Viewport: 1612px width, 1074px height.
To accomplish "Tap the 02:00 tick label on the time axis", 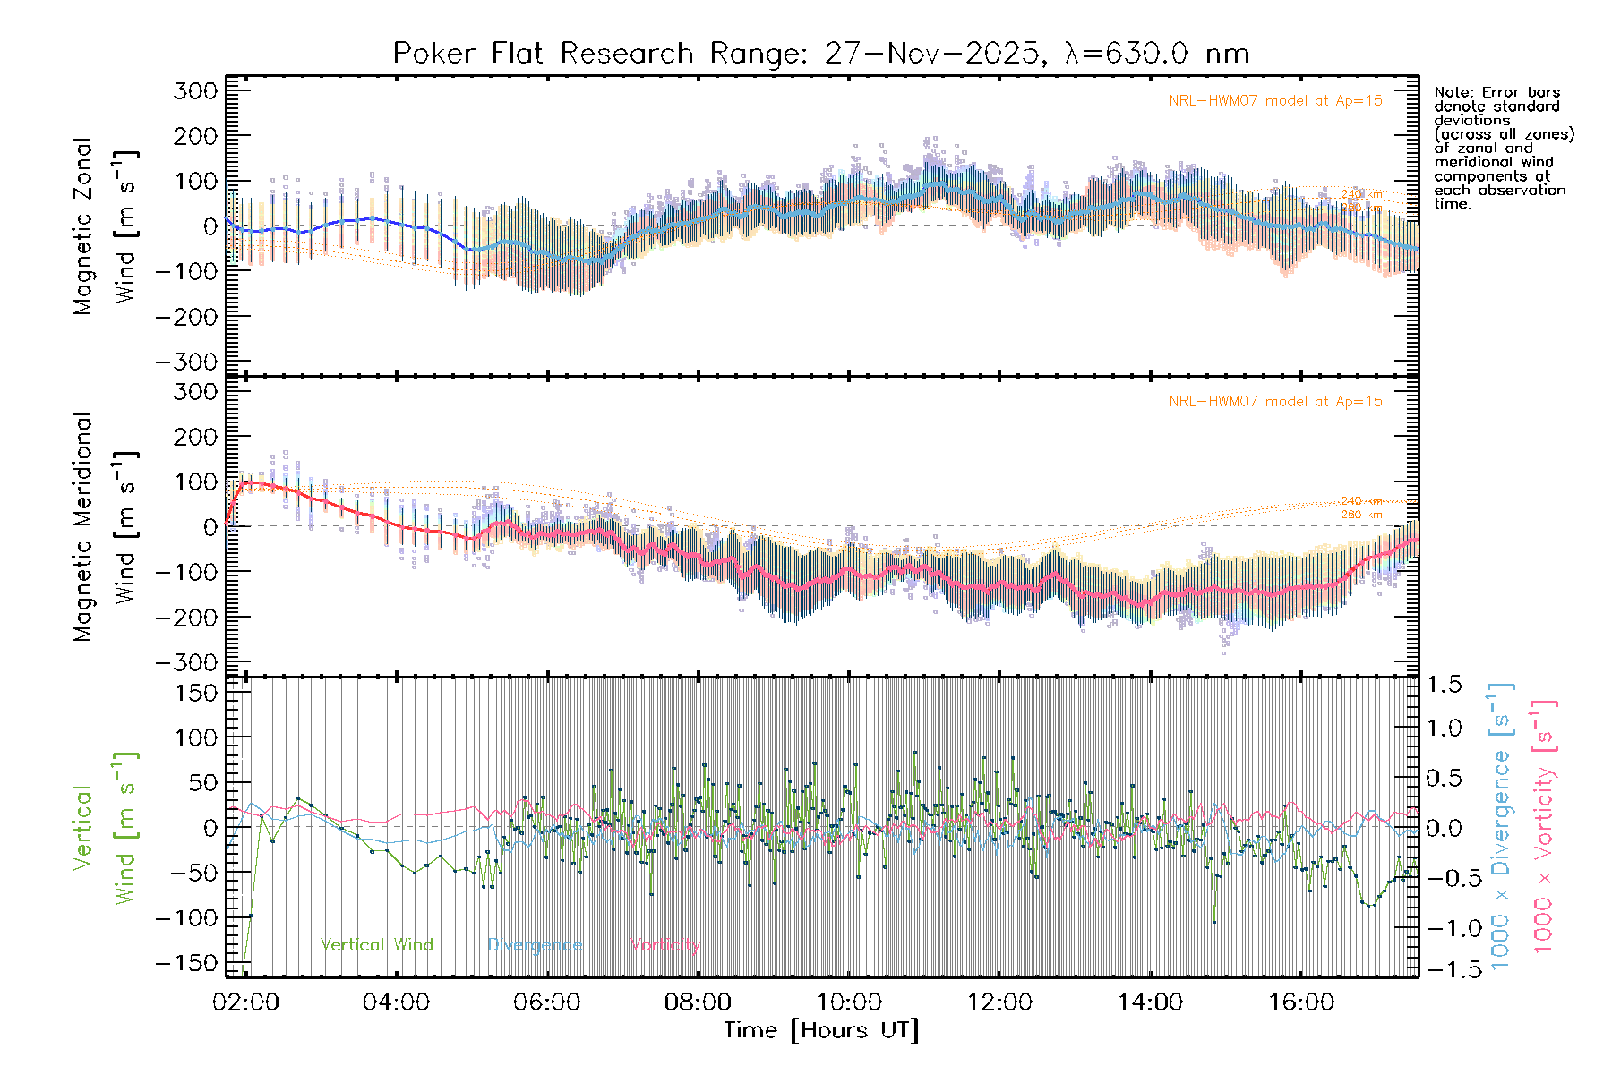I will (245, 1002).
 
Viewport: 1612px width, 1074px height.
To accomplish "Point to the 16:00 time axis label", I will (1300, 1002).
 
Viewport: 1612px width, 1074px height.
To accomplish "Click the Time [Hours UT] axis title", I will (821, 1030).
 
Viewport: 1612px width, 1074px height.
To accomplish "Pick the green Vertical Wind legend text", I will (376, 945).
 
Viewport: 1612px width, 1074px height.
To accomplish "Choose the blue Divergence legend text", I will (535, 945).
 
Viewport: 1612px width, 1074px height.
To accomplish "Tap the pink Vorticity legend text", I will (665, 945).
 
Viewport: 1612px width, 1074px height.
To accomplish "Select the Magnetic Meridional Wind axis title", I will (106, 526).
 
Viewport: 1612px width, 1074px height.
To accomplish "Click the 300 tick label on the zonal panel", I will (196, 90).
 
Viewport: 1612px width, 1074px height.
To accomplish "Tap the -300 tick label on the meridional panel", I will (187, 662).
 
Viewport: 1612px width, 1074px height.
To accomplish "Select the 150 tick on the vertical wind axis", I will (196, 693).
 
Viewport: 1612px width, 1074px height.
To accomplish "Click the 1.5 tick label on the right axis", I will (1445, 685).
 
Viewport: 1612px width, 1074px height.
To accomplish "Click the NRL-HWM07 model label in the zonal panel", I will (1275, 101).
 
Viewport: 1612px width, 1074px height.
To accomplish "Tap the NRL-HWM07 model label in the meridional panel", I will (1275, 402).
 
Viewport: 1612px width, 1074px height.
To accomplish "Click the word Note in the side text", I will (1452, 92).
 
